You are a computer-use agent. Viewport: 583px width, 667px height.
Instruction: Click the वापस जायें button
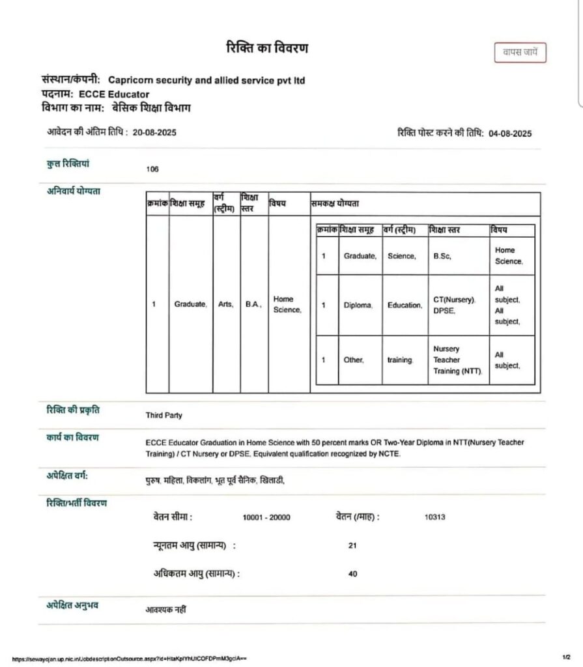520,52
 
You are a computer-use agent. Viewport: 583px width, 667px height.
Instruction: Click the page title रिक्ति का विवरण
266,48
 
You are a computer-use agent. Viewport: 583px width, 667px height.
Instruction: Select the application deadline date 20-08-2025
154,132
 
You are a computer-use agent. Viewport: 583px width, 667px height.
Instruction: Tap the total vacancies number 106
152,169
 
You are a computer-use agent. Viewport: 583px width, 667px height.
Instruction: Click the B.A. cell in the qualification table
253,304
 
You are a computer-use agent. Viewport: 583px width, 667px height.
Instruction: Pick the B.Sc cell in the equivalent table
442,256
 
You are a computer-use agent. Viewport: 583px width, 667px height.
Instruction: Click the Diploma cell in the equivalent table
358,305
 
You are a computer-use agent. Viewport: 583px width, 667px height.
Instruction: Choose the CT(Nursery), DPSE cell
454,305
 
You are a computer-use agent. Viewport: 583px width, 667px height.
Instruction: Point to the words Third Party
164,415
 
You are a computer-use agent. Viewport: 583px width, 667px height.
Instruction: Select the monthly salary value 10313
434,517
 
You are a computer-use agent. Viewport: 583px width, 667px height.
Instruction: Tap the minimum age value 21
352,546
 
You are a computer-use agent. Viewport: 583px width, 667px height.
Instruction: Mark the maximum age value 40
352,575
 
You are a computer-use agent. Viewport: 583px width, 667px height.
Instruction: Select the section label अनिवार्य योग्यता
74,191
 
